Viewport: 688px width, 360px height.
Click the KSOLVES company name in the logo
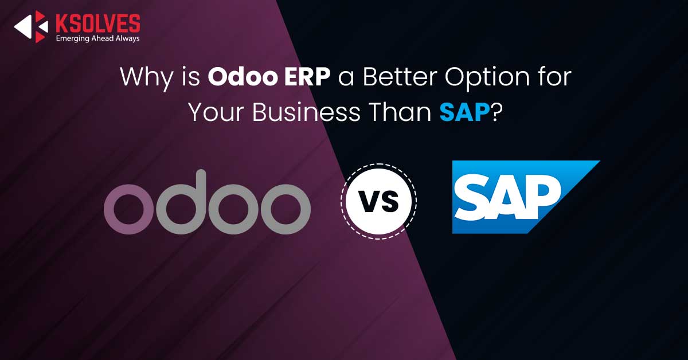click(x=97, y=23)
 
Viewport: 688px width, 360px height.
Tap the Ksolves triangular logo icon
click(x=32, y=26)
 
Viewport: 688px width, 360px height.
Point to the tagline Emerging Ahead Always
click(x=97, y=38)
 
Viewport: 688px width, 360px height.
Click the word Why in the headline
click(x=147, y=77)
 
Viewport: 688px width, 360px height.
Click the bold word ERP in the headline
click(x=307, y=76)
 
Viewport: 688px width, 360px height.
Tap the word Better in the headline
click(x=400, y=76)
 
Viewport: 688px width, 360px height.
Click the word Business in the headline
click(x=306, y=112)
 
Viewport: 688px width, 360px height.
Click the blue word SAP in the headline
click(x=464, y=112)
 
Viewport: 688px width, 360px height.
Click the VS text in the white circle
click(x=380, y=202)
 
